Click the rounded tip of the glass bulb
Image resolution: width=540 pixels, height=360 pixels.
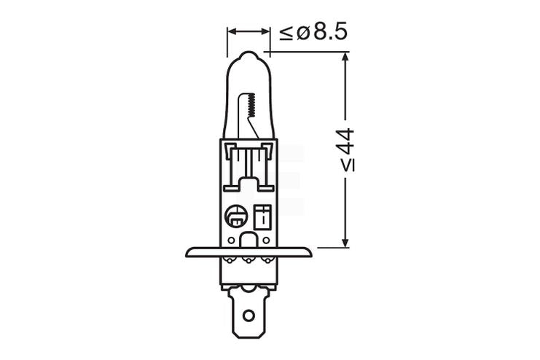pyautogui.click(x=249, y=56)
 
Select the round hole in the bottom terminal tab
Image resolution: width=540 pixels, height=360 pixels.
pyautogui.click(x=249, y=316)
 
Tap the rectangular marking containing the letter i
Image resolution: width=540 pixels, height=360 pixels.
pyautogui.click(x=265, y=215)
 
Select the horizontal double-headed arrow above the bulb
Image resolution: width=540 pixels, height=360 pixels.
pyautogui.click(x=249, y=32)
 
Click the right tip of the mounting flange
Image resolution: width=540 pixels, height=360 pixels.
pyautogui.click(x=311, y=253)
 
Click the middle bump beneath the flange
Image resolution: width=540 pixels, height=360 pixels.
pyautogui.click(x=249, y=260)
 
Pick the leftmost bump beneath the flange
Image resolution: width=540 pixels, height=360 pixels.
pyautogui.click(x=230, y=260)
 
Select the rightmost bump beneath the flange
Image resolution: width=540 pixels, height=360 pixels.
pyautogui.click(x=267, y=260)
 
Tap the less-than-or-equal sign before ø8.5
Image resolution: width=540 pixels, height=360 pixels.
pyautogui.click(x=286, y=32)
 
